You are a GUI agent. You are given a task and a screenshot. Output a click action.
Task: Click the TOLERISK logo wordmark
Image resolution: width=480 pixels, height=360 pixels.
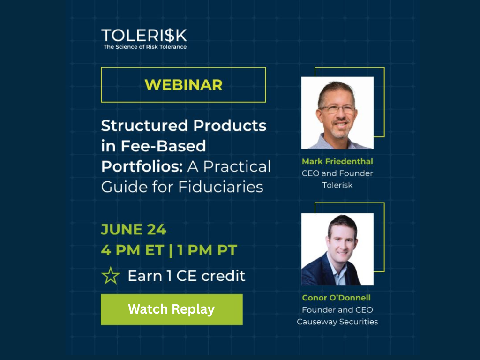[x=144, y=36]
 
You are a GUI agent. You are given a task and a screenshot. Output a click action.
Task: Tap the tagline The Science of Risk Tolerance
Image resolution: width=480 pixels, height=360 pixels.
[x=145, y=47]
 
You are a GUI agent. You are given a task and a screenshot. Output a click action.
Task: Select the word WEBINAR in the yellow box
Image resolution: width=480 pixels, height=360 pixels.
[x=183, y=85]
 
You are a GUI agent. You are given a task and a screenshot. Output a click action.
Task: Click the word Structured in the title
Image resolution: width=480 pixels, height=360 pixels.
[x=144, y=126]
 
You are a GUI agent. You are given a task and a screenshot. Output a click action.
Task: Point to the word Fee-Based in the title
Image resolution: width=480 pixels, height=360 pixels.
[x=164, y=146]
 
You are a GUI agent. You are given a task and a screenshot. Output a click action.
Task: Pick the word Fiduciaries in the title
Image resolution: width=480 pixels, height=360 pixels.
[x=221, y=187]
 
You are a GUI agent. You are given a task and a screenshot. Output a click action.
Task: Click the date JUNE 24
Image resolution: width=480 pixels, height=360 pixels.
[x=134, y=229]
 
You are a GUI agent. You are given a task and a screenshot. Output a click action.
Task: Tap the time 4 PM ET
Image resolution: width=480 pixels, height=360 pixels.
[x=132, y=250]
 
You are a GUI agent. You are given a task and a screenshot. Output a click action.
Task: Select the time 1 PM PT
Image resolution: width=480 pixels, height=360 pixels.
[x=207, y=250]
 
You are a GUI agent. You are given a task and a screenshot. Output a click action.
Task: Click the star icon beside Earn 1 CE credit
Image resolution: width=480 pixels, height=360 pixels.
[x=111, y=276]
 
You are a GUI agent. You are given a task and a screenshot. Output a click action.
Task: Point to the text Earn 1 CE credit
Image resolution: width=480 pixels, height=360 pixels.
[x=187, y=276]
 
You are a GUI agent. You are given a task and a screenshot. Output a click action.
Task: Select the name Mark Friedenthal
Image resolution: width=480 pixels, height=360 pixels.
[x=337, y=161]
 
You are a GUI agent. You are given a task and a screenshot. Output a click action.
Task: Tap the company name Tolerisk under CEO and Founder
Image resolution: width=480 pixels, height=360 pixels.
[x=337, y=185]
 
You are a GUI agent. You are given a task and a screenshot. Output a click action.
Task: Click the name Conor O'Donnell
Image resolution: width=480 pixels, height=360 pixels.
[x=336, y=298]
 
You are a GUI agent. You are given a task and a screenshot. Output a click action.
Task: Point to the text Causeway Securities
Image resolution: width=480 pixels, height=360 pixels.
[x=337, y=322]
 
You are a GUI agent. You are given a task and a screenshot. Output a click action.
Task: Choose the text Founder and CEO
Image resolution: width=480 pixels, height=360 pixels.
[x=337, y=310]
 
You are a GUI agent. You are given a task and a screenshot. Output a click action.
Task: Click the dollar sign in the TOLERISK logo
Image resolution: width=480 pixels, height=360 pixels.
[x=169, y=36]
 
